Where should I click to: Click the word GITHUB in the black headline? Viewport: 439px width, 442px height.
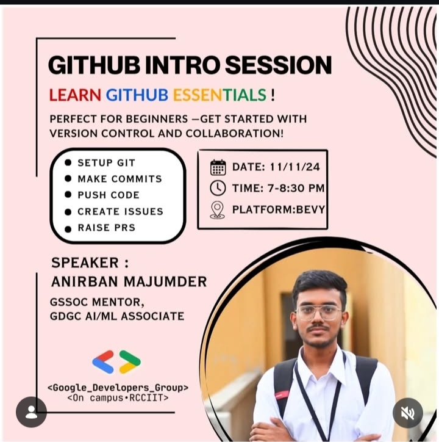pyautogui.click(x=94, y=65)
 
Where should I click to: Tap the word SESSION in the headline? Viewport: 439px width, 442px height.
pyautogui.click(x=278, y=65)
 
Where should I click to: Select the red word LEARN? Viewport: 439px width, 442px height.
pyautogui.click(x=75, y=95)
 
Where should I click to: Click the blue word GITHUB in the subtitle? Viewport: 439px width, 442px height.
pyautogui.click(x=137, y=95)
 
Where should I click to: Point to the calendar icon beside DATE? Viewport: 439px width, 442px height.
pyautogui.click(x=218, y=167)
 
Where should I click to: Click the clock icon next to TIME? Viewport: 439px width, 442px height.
pyautogui.click(x=218, y=188)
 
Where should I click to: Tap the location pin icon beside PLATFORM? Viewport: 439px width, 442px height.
pyautogui.click(x=218, y=210)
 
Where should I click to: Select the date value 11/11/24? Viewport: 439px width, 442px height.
pyautogui.click(x=295, y=167)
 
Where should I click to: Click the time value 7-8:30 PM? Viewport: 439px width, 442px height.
pyautogui.click(x=296, y=188)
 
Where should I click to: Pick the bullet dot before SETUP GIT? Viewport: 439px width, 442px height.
pyautogui.click(x=68, y=162)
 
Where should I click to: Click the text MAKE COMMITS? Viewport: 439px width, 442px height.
pyautogui.click(x=120, y=179)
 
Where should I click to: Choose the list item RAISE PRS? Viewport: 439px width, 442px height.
pyautogui.click(x=107, y=228)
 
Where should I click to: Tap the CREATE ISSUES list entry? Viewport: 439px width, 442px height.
pyautogui.click(x=120, y=211)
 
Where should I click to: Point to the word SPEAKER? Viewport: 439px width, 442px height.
pyautogui.click(x=85, y=263)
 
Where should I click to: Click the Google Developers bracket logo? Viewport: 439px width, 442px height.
pyautogui.click(x=116, y=361)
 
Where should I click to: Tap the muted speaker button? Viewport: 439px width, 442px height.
pyautogui.click(x=408, y=413)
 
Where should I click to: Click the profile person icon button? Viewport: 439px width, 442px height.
pyautogui.click(x=31, y=412)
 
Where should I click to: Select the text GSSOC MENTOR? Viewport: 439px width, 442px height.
pyautogui.click(x=97, y=302)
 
